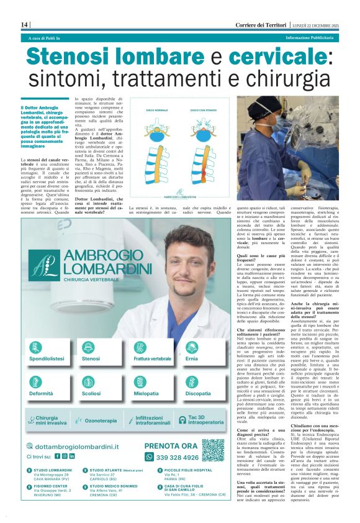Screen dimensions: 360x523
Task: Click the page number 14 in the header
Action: click(25, 24)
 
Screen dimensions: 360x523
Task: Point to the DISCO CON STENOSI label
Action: click(203, 111)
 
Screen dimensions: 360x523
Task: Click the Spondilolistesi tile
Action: click(47, 352)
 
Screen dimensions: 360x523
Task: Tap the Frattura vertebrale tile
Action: click(153, 352)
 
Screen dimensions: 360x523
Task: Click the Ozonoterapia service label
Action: click(101, 421)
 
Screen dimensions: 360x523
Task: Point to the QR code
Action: click(212, 450)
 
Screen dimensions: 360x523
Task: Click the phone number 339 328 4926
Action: click(169, 457)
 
